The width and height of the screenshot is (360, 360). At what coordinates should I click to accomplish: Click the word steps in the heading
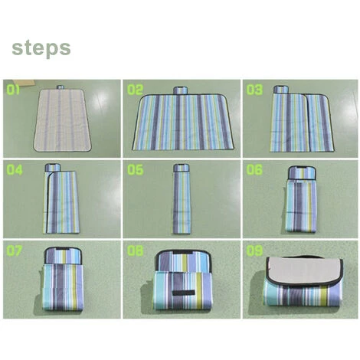[x=41, y=48]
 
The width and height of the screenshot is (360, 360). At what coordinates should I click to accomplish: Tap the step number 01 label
[x=13, y=90]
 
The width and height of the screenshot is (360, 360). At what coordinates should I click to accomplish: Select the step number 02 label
[x=136, y=90]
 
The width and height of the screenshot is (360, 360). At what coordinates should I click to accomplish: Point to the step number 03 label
[x=254, y=90]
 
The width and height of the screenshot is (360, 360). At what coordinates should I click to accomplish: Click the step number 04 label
[x=15, y=170]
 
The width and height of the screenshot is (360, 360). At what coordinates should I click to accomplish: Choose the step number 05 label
[x=136, y=170]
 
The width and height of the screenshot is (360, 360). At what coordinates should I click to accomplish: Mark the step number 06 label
[x=254, y=170]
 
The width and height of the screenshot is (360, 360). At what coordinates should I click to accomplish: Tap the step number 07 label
[x=15, y=250]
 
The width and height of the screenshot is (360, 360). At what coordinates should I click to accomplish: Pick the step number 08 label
[x=136, y=250]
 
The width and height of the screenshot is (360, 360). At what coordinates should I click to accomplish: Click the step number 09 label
[x=254, y=250]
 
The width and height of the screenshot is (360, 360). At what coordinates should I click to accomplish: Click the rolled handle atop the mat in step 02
[x=181, y=90]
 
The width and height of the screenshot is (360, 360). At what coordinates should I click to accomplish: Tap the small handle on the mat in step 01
[x=61, y=87]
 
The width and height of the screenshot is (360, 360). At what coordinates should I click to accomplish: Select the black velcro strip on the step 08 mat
[x=183, y=293]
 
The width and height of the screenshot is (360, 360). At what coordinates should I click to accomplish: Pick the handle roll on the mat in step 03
[x=281, y=90]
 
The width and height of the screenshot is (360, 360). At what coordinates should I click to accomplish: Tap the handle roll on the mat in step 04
[x=53, y=168]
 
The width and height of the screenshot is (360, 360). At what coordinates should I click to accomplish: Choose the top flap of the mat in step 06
[x=302, y=172]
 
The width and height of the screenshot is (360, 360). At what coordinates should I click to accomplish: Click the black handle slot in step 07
[x=63, y=249]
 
